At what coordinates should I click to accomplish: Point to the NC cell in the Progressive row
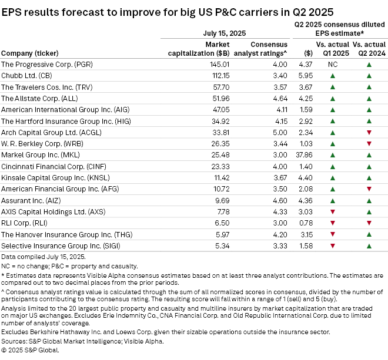point(333,63)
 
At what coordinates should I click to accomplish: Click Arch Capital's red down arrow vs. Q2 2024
point(369,132)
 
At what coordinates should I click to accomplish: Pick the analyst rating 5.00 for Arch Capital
point(279,132)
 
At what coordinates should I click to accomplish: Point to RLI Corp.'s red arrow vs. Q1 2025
point(333,223)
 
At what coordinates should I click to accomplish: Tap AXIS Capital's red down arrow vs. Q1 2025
point(333,212)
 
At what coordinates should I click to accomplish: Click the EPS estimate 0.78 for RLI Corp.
point(307,223)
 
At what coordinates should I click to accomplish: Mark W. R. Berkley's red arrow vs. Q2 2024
point(369,143)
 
